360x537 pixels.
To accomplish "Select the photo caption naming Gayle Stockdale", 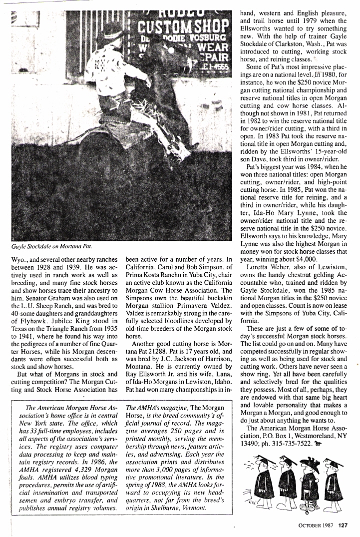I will click(x=52, y=246).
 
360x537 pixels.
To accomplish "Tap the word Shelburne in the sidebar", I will click(x=169, y=508).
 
